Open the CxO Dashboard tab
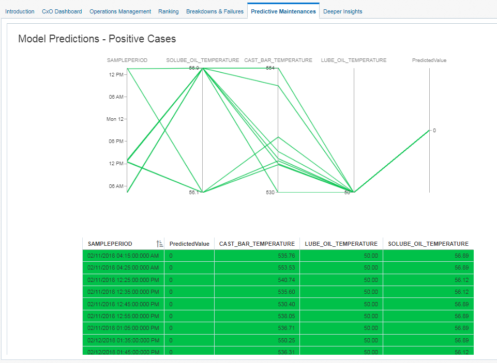62,11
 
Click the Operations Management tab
120,11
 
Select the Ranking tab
169,11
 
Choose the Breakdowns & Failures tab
215,11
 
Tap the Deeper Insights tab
342,11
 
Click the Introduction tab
20,11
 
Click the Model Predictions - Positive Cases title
97,39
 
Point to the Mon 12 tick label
115,119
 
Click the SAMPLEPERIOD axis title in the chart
127,60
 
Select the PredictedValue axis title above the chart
429,60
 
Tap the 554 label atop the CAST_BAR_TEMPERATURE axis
270,68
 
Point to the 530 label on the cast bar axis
270,193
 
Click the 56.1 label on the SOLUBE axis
194,193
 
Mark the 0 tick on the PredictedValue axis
434,131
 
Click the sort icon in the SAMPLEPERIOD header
159,244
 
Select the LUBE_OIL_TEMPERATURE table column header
341,244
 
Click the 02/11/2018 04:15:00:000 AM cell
123,256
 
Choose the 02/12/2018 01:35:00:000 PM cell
123,340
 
